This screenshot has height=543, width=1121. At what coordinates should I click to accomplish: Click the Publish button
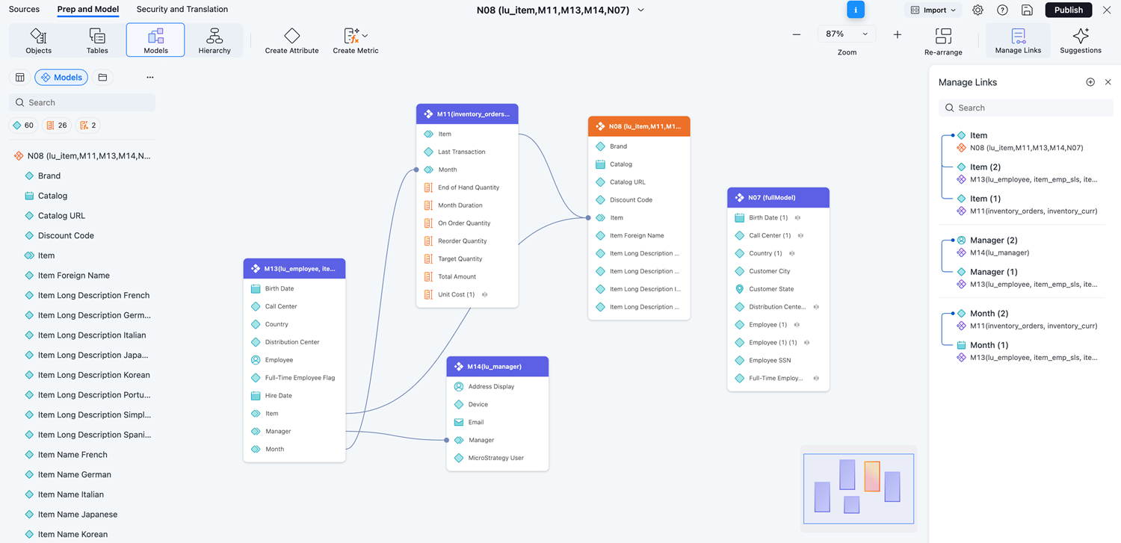1068,10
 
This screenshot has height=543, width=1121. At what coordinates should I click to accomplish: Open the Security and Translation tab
182,10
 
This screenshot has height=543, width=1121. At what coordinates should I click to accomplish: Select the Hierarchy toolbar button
214,40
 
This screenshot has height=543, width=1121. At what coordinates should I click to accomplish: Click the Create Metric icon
352,36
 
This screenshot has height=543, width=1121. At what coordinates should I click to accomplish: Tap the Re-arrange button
943,40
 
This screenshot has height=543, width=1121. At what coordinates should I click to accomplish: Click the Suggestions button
1080,40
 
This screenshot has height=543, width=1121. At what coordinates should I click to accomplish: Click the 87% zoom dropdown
847,34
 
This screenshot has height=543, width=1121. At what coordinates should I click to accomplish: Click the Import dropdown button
933,10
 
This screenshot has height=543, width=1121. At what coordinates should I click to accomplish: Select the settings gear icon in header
978,10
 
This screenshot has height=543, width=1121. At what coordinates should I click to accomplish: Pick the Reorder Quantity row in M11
462,241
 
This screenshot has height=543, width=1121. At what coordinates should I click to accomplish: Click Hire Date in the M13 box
278,396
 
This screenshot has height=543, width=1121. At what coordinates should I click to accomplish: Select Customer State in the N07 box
771,289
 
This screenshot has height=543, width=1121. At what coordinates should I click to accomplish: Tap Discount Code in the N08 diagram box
631,200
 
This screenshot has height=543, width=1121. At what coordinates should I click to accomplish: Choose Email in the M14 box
476,422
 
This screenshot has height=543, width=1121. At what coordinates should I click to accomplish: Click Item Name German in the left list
74,474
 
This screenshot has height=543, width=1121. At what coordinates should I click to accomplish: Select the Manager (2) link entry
993,241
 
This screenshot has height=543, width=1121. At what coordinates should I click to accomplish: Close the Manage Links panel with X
1108,82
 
